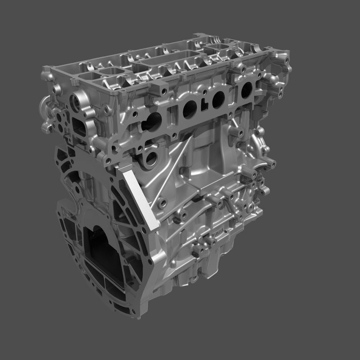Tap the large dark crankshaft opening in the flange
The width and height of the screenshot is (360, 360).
[x=99, y=252]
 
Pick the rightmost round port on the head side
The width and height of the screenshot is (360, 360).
[x=247, y=90]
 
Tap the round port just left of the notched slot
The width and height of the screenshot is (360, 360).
[x=190, y=109]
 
